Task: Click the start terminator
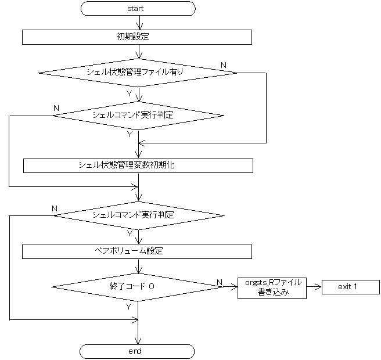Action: coord(138,9)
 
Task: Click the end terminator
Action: coord(138,351)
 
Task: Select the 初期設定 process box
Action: coord(137,37)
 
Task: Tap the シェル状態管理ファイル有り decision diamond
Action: coord(138,73)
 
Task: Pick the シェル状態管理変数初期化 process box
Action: coord(138,165)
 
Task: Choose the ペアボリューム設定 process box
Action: coord(137,251)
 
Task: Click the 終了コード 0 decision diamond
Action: coord(134,286)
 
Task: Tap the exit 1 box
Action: coord(347,287)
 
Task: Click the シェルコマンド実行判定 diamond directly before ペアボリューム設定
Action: coord(138,215)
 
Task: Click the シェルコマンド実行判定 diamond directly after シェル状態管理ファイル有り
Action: coord(138,114)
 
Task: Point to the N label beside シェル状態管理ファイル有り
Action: coord(224,64)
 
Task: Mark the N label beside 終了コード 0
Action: coord(219,282)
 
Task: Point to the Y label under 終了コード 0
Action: coord(128,306)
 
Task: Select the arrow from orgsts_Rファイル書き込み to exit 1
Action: coord(314,287)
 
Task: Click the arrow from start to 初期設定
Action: coord(138,23)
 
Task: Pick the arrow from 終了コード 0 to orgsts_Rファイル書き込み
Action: coord(227,287)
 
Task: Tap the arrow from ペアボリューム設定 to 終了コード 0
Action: coord(138,266)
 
